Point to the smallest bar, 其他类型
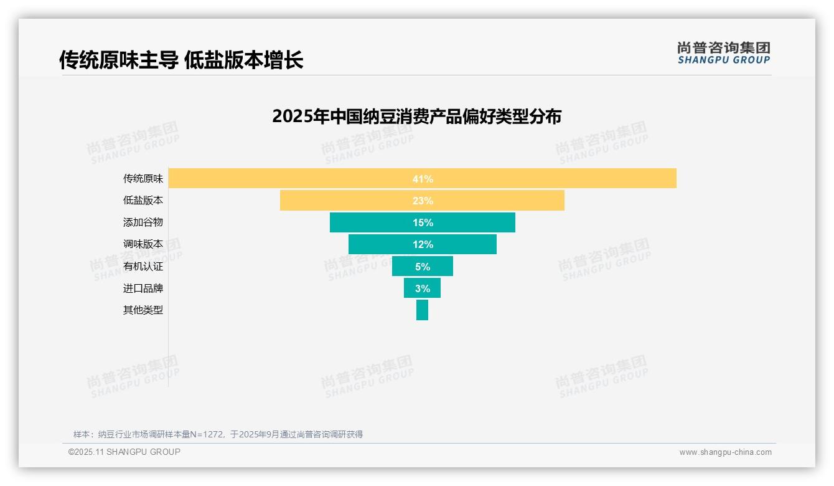click(422, 310)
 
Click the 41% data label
click(423, 179)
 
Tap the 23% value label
click(423, 201)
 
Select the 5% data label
click(423, 267)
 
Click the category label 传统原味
click(143, 179)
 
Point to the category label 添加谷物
click(143, 222)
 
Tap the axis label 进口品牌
click(143, 288)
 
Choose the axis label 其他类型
click(143, 310)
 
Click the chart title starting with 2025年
click(416, 117)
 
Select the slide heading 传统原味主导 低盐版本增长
click(181, 60)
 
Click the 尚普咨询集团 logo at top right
click(723, 52)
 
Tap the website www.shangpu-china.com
click(725, 452)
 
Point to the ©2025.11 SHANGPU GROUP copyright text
click(124, 452)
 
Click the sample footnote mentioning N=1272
click(218, 434)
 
